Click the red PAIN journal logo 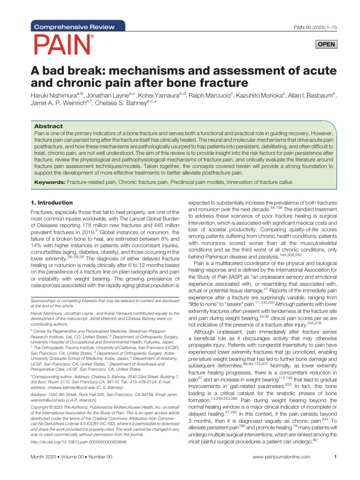[62, 45]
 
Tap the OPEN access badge [326, 45]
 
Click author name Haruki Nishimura [53, 95]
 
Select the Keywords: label [50, 181]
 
